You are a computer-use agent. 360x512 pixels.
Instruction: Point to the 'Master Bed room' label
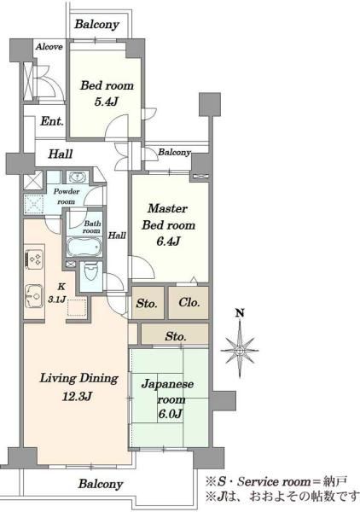click(x=170, y=218)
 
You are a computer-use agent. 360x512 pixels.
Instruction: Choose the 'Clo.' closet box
click(x=188, y=303)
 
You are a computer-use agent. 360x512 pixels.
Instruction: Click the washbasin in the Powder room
click(x=77, y=177)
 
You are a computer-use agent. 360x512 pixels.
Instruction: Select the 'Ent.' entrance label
click(x=51, y=121)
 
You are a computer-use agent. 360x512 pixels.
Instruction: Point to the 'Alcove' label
click(x=48, y=46)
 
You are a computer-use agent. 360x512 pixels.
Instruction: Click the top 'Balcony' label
click(x=96, y=25)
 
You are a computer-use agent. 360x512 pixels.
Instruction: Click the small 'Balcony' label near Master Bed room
click(x=174, y=152)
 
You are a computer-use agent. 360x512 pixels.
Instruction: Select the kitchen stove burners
click(x=36, y=256)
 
